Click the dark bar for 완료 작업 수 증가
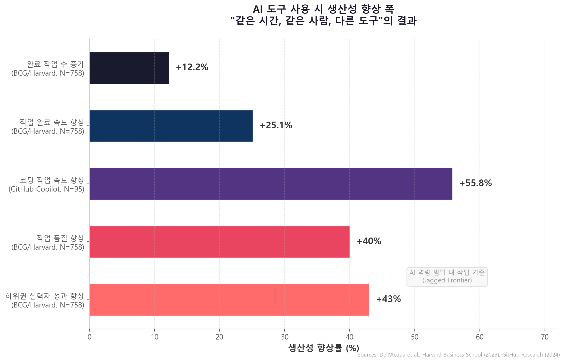(129, 68)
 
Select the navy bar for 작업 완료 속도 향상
(171, 126)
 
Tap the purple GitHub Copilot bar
(271, 184)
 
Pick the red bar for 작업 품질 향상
(219, 242)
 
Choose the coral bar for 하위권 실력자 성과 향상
(229, 300)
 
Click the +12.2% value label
(192, 67)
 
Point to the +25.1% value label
(276, 125)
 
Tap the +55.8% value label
(475, 183)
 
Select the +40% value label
(369, 241)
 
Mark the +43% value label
(388, 299)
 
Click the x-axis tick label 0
(89, 337)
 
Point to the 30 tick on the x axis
(285, 337)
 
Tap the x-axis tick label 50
(415, 337)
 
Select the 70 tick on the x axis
(545, 337)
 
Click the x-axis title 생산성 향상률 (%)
(324, 348)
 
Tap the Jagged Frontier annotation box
(447, 277)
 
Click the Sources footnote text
(458, 355)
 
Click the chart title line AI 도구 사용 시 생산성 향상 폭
(323, 9)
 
